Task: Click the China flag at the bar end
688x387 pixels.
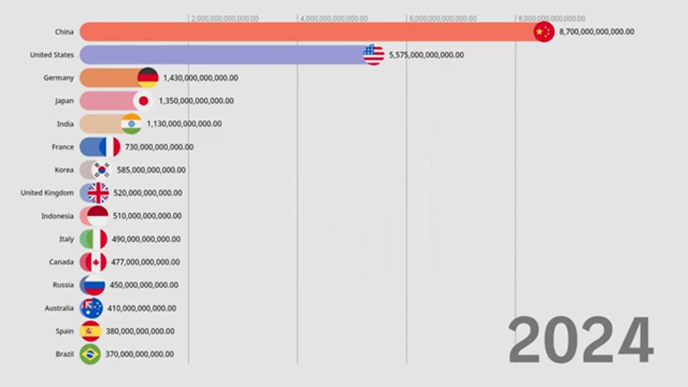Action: [543, 32]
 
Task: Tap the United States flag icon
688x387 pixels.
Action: [374, 55]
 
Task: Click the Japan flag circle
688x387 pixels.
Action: [144, 101]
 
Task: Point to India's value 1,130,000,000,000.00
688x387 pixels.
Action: [184, 124]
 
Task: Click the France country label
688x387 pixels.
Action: [63, 147]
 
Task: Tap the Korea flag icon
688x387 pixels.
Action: [101, 170]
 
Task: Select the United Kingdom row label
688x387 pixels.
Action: [47, 193]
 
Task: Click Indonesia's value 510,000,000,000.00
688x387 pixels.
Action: [147, 216]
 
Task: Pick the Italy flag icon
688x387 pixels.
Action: [97, 239]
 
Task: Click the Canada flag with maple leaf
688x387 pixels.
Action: [96, 262]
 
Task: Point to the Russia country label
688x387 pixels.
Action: [63, 285]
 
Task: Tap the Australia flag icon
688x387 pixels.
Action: [91, 308]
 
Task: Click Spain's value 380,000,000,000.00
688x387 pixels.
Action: [140, 331]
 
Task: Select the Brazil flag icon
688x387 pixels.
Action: [90, 354]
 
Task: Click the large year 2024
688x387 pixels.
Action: [580, 340]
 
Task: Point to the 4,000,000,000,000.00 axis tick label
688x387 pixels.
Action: [334, 19]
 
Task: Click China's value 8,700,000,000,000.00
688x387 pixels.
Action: [597, 32]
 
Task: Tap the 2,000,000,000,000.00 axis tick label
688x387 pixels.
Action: [225, 19]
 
